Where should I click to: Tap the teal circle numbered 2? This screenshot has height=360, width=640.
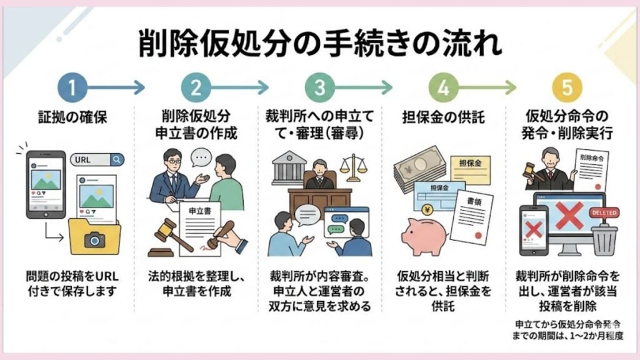(196, 88)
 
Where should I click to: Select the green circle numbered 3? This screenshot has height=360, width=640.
(320, 88)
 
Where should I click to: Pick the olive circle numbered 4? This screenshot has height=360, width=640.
(443, 88)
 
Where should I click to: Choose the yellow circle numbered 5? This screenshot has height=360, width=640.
(567, 88)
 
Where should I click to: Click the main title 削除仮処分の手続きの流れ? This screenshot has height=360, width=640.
(319, 44)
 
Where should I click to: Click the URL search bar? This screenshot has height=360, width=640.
(97, 159)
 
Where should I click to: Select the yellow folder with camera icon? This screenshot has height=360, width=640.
(94, 236)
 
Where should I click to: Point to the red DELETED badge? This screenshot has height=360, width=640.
(603, 212)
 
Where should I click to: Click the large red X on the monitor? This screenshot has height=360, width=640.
(569, 217)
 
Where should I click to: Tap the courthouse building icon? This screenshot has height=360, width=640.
(289, 167)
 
